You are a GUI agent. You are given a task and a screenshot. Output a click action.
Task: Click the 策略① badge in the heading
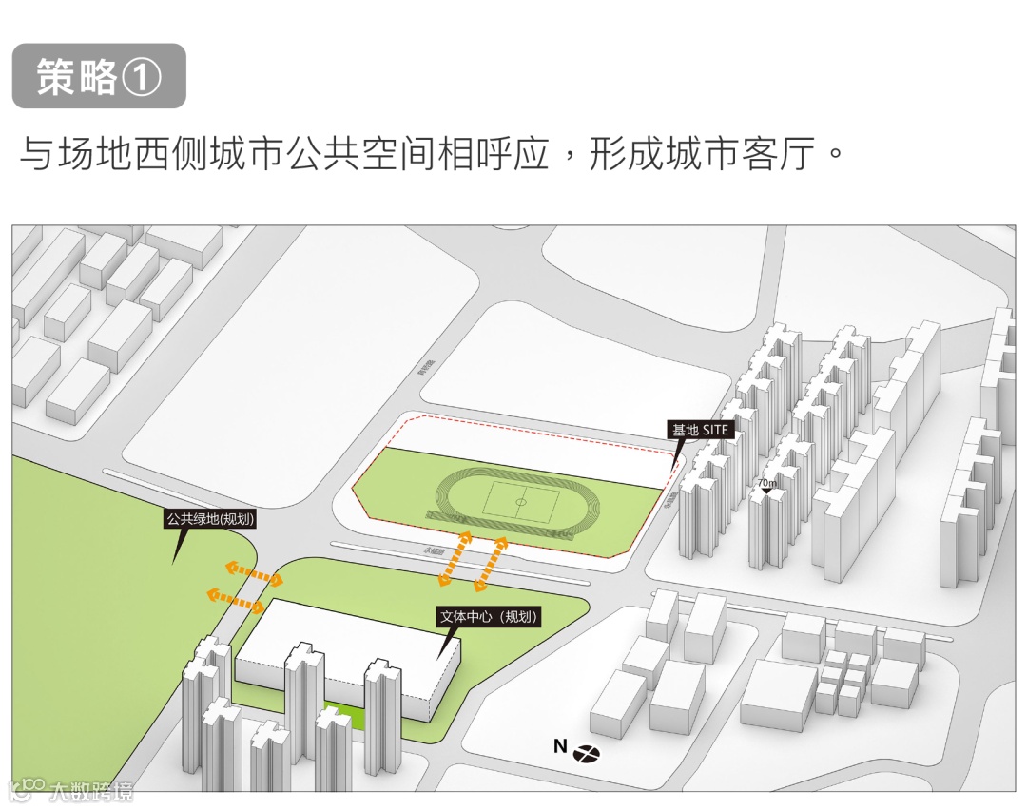99,76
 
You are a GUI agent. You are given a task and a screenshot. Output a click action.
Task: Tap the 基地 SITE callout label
701,430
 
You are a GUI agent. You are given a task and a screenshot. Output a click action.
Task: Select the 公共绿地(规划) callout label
210,519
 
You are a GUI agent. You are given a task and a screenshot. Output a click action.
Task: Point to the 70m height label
766,483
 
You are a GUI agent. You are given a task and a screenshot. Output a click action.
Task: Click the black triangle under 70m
766,492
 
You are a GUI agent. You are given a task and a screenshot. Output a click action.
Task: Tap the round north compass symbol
587,754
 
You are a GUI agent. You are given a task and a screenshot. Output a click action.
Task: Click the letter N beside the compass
560,747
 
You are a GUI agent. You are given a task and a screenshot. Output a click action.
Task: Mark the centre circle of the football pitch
521,499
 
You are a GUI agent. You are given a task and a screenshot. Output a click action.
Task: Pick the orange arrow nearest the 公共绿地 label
253,573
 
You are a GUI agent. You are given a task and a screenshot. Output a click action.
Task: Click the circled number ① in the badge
143,77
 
